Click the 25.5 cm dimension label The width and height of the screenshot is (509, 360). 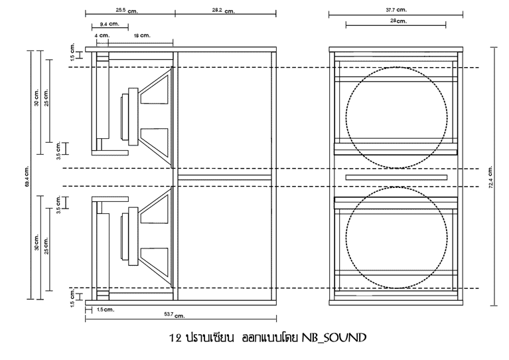point(127,11)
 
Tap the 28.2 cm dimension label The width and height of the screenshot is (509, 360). point(224,11)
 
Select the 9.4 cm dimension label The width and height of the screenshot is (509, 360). point(109,24)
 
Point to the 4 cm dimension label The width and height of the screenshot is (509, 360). point(102,35)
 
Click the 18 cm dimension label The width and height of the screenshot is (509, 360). point(142,35)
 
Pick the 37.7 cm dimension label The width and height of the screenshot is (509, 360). point(396,10)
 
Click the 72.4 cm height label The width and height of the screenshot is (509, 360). point(490,177)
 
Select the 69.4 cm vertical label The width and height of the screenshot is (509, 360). point(27,176)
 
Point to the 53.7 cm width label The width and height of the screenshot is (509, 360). point(175,315)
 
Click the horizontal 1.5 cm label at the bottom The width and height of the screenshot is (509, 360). point(106,310)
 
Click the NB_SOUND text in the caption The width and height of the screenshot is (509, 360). point(334,338)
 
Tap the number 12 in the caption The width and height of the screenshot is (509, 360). point(175,338)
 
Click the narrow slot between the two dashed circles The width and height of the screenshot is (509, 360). point(396,177)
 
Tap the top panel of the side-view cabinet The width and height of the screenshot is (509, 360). point(181,49)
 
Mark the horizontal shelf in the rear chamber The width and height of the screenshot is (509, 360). point(224,177)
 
